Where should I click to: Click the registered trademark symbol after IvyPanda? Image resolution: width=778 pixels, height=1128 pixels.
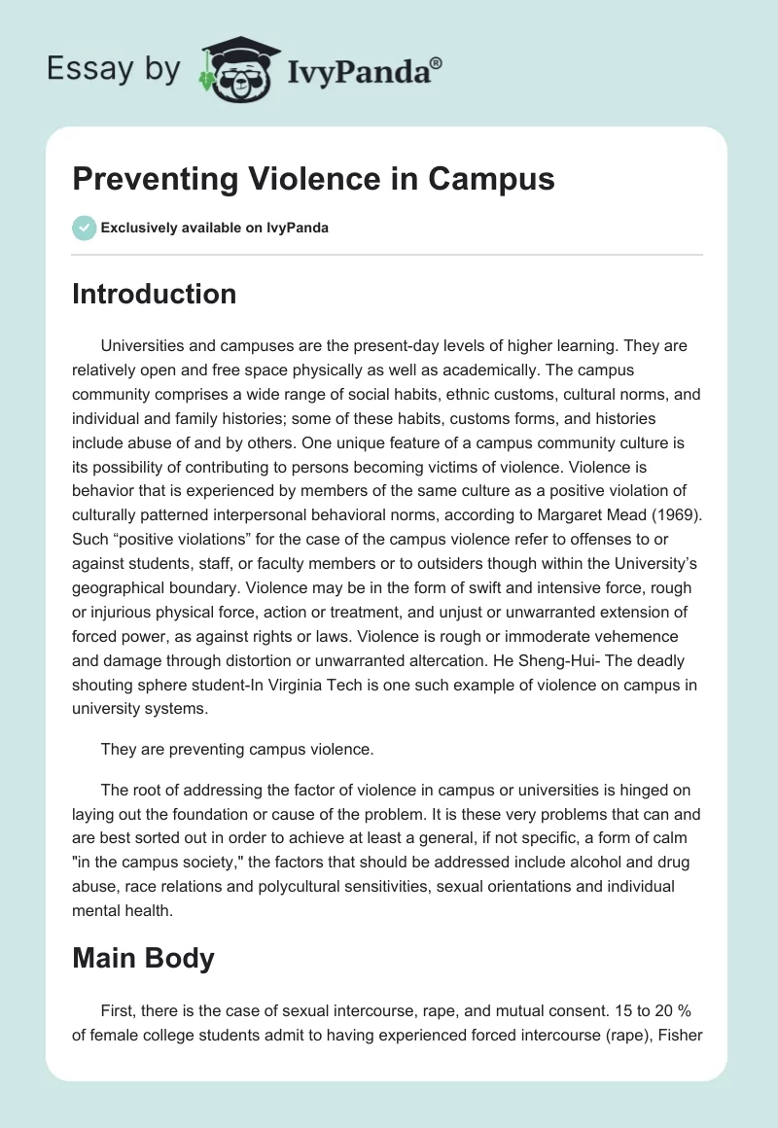436,63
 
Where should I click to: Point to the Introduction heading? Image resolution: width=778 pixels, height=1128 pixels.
154,294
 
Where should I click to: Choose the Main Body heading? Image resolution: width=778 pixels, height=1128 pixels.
143,958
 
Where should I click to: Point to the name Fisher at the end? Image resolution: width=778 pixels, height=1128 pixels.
680,1032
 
